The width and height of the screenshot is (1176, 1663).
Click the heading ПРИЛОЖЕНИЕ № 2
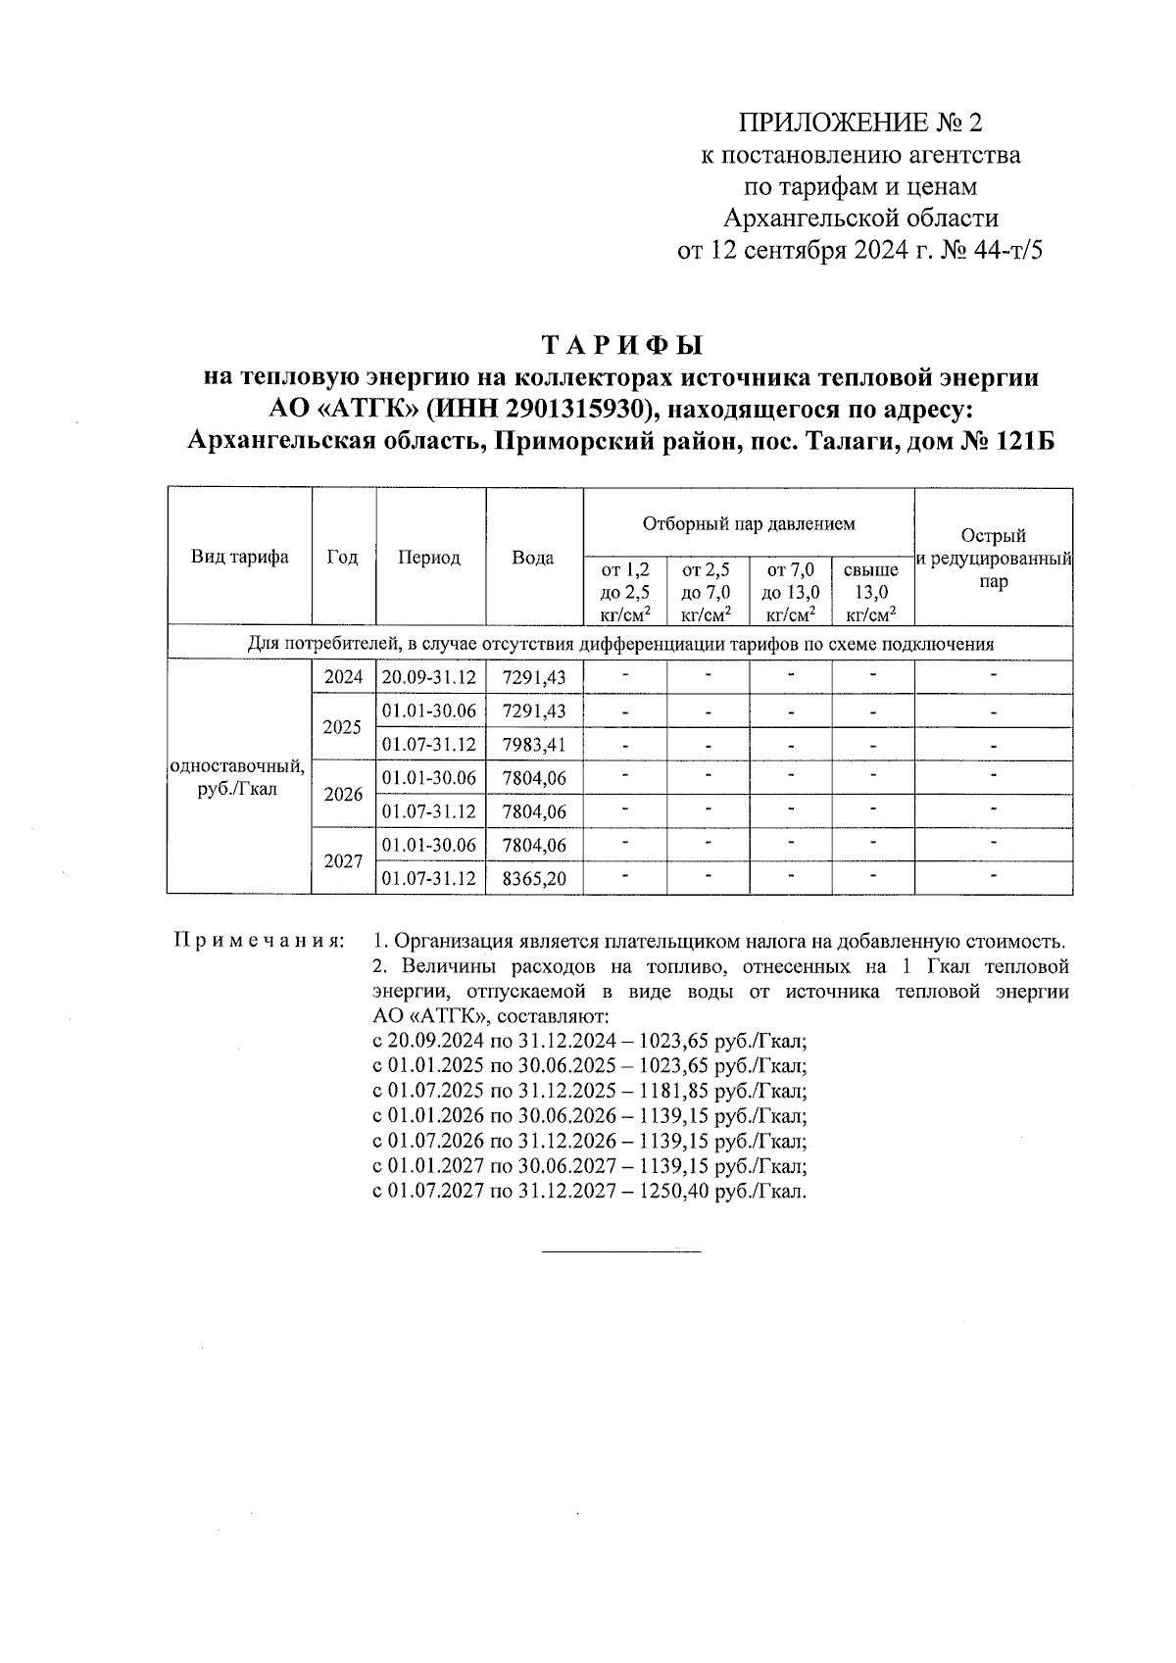tap(858, 122)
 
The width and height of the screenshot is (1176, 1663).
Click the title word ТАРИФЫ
tap(622, 346)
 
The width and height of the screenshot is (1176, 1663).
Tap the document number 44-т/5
tap(1010, 251)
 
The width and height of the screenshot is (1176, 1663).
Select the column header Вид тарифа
tap(239, 557)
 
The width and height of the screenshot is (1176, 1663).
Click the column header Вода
tap(533, 558)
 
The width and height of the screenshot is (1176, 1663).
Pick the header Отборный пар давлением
tap(749, 523)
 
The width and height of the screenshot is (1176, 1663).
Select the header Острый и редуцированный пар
tap(993, 559)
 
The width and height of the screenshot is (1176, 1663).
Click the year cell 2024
tap(343, 677)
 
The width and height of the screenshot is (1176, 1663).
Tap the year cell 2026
tap(343, 794)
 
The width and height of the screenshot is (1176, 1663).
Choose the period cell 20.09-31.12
tap(429, 677)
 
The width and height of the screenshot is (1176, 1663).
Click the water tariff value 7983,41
tap(534, 744)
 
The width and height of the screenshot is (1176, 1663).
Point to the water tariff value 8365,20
tap(534, 878)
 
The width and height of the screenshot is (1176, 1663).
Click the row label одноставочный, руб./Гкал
tap(238, 777)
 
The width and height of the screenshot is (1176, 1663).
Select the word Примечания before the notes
tap(258, 941)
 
